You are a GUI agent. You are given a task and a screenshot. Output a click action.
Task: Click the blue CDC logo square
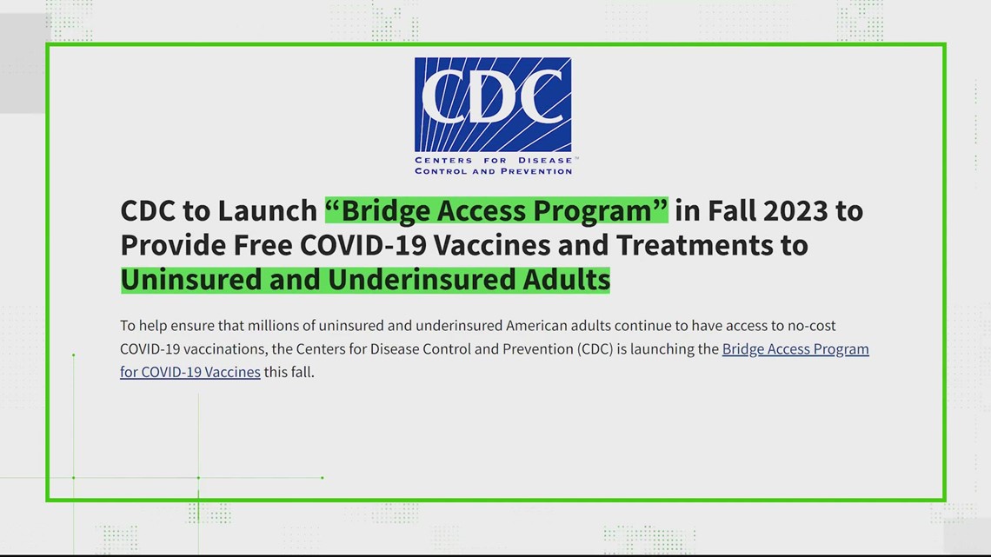[493, 105]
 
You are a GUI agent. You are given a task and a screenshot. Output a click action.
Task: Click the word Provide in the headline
[172, 245]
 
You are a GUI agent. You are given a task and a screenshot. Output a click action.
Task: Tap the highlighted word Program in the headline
[600, 211]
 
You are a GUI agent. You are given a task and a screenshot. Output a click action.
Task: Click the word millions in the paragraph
[275, 326]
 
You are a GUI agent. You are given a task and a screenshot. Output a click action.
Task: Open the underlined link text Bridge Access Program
[795, 350]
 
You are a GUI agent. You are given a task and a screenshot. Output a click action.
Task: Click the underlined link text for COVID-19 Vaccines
[190, 373]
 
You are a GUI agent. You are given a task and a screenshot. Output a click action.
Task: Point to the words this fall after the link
[289, 372]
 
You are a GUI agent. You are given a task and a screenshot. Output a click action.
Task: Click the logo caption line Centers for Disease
[494, 161]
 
